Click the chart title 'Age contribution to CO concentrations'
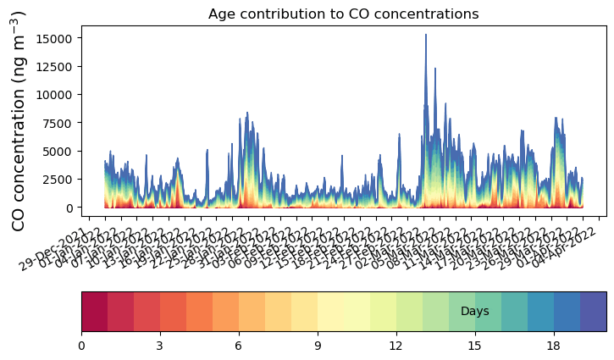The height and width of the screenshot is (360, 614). click(343, 14)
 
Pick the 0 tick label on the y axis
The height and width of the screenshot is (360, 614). click(71, 208)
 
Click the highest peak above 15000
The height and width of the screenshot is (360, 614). click(426, 35)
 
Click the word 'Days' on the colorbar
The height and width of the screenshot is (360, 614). click(474, 312)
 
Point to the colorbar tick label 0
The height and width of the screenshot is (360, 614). click(81, 346)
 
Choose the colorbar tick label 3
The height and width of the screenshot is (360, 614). click(160, 346)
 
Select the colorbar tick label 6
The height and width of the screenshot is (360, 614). click(239, 346)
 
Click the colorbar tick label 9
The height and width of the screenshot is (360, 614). click(318, 346)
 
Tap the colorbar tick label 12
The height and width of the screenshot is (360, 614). click(396, 346)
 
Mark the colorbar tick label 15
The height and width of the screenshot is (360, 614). click(475, 346)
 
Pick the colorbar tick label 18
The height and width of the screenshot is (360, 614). click(554, 346)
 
